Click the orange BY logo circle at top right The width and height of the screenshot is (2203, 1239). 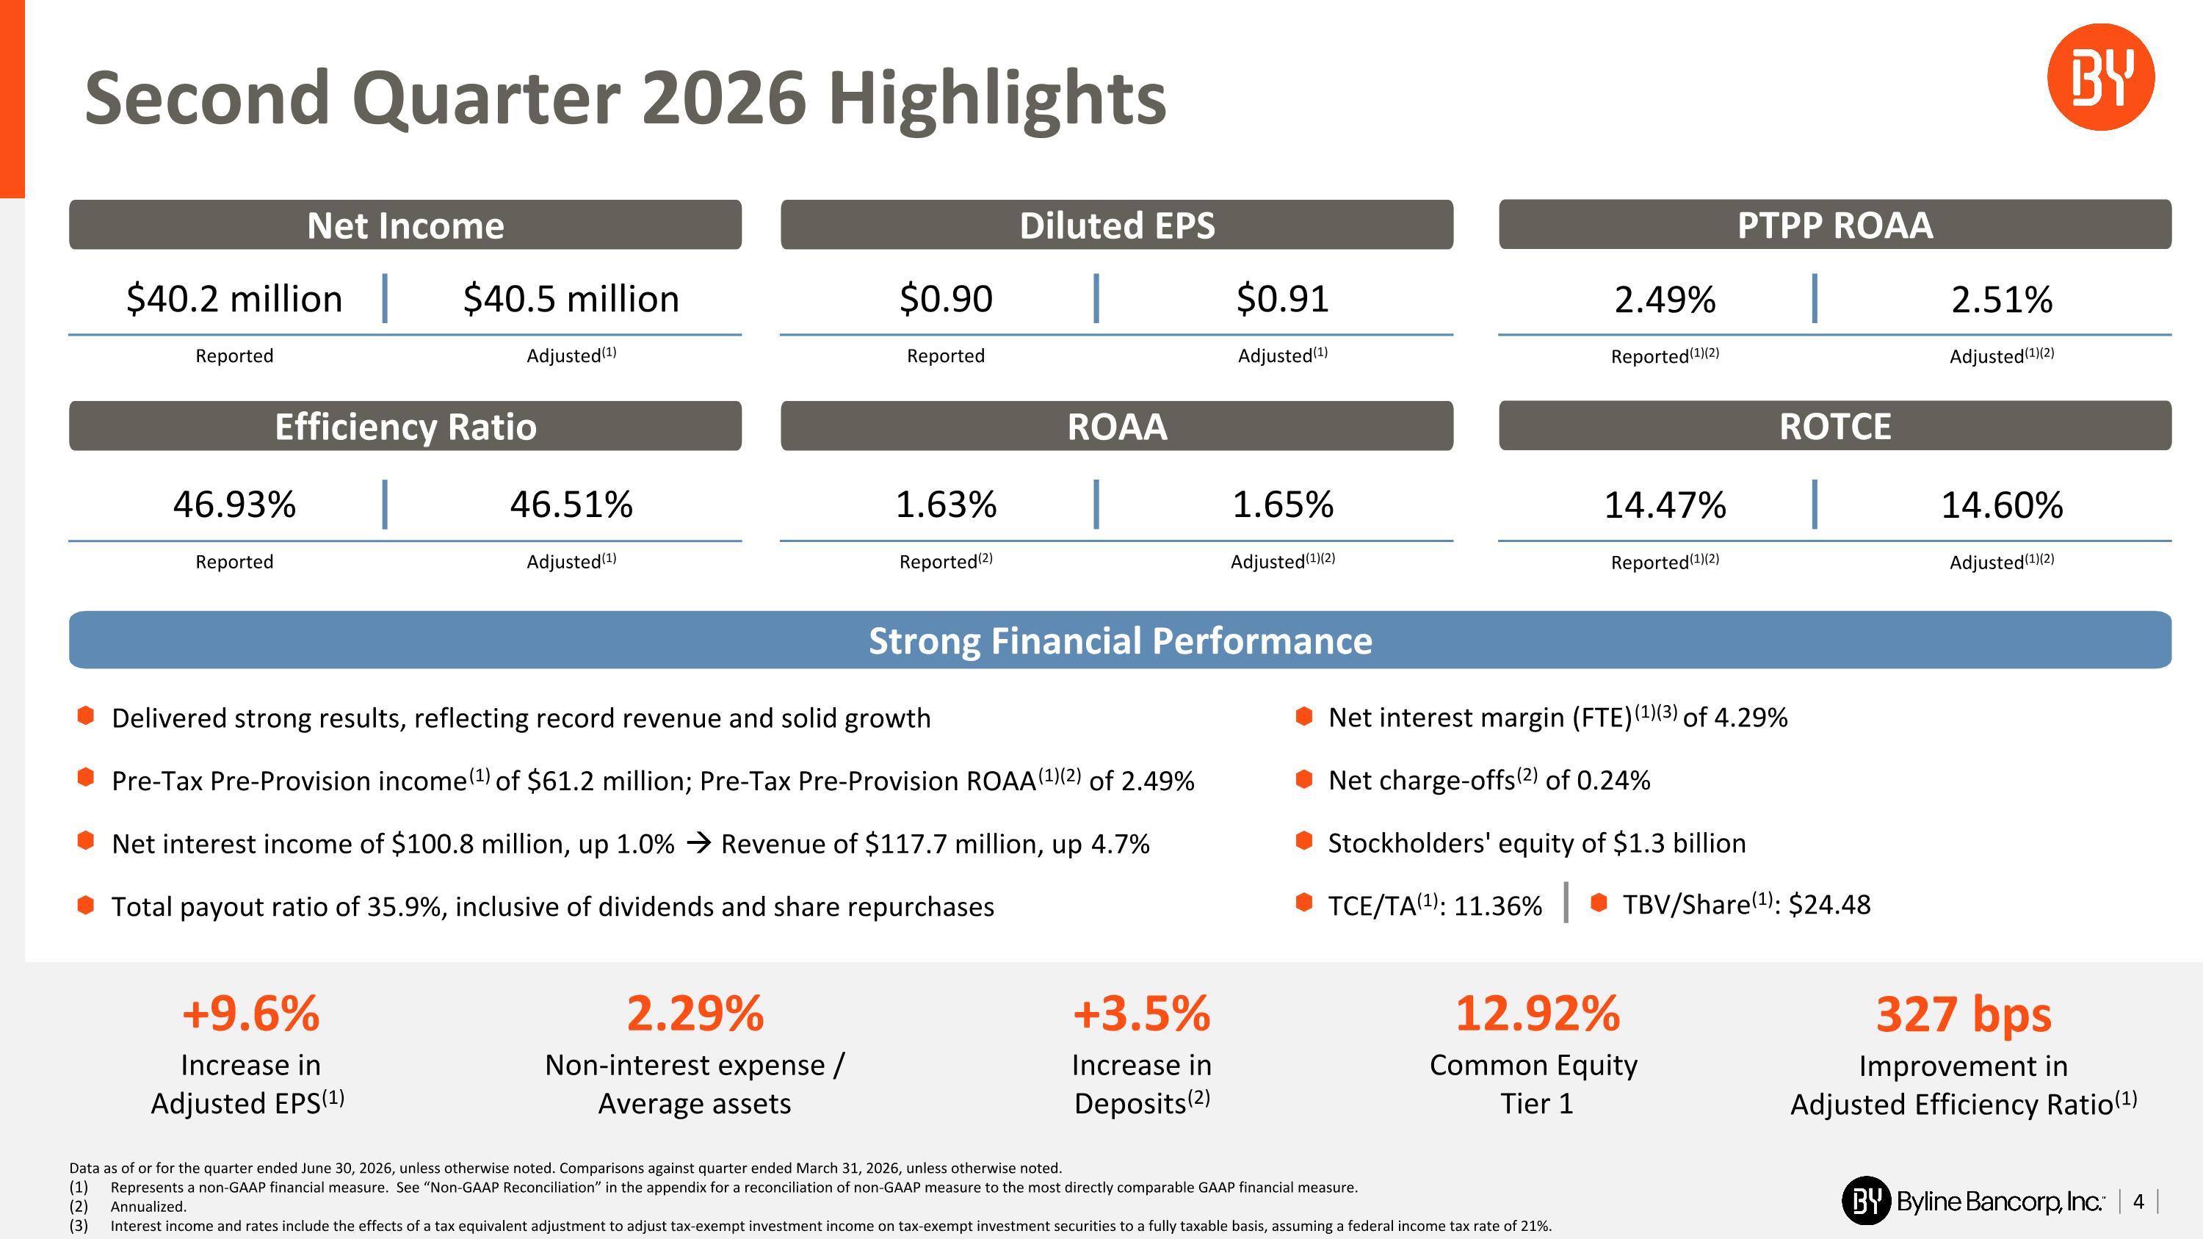coord(2100,77)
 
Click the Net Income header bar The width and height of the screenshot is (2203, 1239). coord(405,225)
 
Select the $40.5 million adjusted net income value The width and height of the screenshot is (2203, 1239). coord(571,299)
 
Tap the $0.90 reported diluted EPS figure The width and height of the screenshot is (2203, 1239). coord(946,299)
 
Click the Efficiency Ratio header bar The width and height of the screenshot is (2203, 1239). coord(405,426)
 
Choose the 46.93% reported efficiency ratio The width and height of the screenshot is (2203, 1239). coord(234,505)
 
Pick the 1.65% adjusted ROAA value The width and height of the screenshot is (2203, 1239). coord(1283,505)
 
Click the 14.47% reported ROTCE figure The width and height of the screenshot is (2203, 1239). coord(1665,505)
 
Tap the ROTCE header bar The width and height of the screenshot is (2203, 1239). coord(1835,426)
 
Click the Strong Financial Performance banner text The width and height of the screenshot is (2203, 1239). coord(1121,640)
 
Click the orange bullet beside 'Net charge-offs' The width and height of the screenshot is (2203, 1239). coord(1304,779)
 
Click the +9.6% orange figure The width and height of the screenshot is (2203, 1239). coord(250,1014)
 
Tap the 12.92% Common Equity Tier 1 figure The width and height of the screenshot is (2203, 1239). coord(1538,1014)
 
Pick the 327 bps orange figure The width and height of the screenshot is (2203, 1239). coord(1964,1016)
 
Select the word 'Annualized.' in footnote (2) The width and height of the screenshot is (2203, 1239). coord(148,1207)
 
